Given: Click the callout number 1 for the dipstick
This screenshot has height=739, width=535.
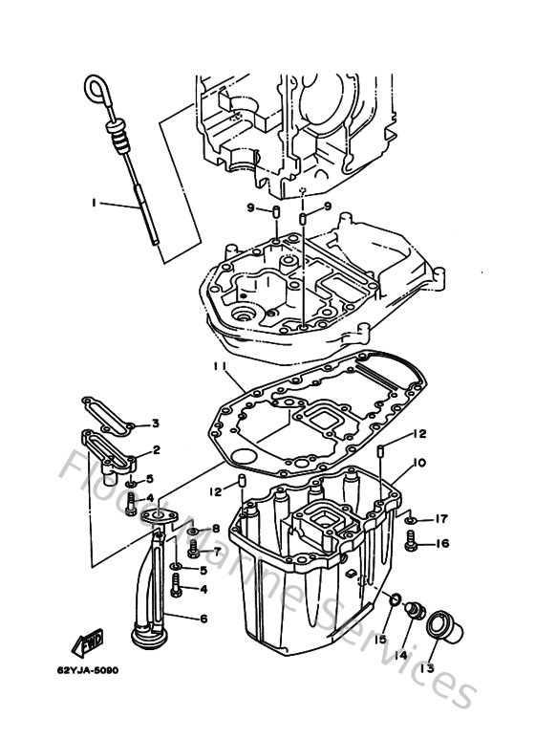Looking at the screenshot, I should coord(95,203).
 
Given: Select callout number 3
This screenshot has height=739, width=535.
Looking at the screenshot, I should coord(155,424).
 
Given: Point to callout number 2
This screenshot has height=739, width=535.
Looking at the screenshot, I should coord(155,449).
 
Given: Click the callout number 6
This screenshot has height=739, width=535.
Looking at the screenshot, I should coord(203,619).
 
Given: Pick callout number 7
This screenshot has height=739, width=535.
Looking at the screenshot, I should coord(217,551).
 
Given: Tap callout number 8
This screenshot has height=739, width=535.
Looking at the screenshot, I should coord(216,529).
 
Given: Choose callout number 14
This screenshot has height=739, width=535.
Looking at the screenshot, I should coord(400,655).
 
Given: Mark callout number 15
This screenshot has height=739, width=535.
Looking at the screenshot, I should coord(379,639).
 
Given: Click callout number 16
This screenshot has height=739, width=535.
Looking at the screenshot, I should coord(441,544).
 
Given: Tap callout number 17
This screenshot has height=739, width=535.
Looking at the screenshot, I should coord(441,520).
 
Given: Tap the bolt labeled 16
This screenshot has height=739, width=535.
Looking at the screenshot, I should coord(412,542).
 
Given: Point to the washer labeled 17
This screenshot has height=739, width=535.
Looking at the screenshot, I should coord(410,519).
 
